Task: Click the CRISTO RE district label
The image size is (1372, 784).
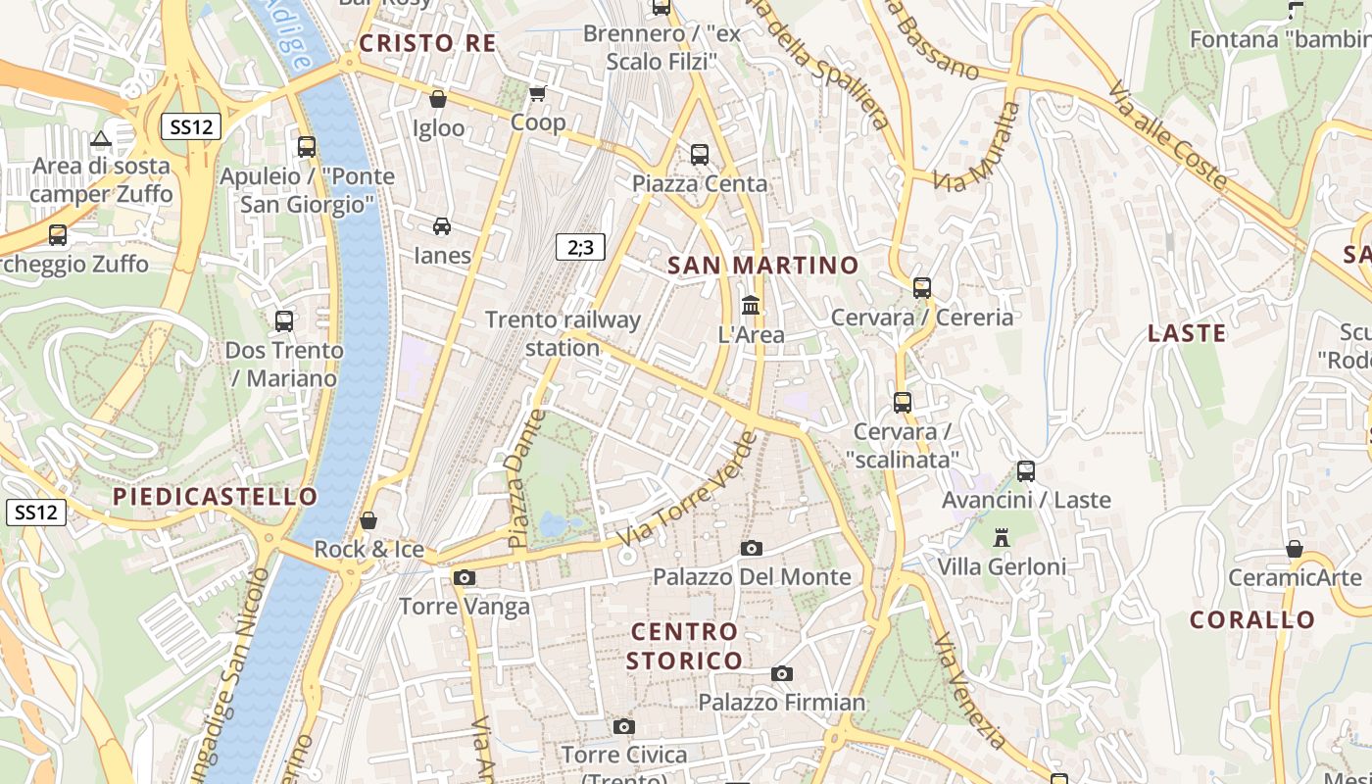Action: coord(427,43)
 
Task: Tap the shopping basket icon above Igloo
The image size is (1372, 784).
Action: coord(438,99)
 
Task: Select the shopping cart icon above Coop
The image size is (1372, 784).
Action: coord(537,94)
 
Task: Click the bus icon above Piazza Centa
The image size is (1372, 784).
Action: coord(700,154)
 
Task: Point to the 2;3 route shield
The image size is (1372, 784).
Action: coord(580,247)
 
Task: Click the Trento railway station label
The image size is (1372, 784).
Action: coord(563,333)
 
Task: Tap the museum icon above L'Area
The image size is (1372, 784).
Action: coord(751,306)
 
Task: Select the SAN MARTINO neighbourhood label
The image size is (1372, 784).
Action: coord(762,266)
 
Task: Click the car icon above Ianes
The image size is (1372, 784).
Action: coord(442,226)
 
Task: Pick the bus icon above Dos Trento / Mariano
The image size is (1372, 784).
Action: coord(284,320)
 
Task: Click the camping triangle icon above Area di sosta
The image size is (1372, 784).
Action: coord(101,138)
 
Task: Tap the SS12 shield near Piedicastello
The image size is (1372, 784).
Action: coord(37,512)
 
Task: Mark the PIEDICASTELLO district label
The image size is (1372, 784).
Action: coord(216,497)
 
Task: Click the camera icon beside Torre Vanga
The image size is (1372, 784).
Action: coord(465,578)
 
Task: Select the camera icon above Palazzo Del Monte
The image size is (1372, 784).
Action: coord(752,548)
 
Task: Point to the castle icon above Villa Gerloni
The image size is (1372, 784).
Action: coord(1002,538)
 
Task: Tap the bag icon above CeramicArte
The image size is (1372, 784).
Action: coord(1295,549)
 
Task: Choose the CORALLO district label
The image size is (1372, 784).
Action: coord(1251,620)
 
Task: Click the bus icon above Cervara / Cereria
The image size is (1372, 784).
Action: coord(922,288)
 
